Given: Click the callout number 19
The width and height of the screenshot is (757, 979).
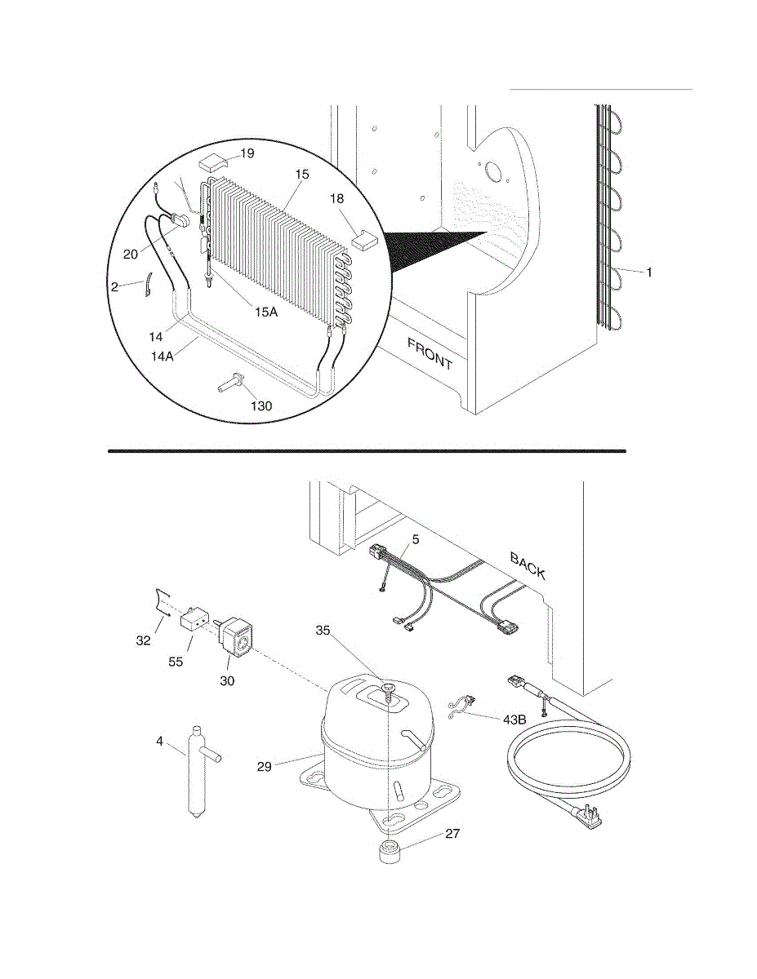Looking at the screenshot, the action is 247,153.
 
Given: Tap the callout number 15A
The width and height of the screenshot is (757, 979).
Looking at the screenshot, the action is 266,312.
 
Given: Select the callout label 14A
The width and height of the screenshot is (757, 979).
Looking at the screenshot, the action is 162,356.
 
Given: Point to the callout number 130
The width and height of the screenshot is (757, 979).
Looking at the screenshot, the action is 261,406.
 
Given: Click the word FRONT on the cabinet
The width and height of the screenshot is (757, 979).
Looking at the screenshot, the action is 430,354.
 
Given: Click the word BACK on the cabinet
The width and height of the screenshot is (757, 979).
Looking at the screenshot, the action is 528,566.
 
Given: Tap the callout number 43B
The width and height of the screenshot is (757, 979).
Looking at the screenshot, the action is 514,720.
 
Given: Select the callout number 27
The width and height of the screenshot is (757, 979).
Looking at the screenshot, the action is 452,834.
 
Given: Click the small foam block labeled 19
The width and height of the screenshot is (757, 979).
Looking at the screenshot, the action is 212,162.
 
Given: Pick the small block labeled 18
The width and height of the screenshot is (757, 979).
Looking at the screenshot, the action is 366,240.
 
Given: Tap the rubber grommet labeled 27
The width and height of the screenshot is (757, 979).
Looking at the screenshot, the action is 391,851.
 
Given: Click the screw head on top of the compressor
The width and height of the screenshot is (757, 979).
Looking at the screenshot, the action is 387,688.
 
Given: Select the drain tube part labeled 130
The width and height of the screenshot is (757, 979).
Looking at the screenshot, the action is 231,383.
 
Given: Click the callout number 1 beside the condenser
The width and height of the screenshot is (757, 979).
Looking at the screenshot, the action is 649,272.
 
